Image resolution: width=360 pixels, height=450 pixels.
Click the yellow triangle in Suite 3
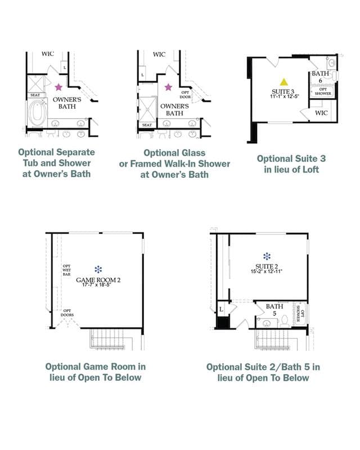(x=283, y=82)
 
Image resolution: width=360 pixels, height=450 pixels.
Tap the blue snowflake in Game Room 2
(x=98, y=269)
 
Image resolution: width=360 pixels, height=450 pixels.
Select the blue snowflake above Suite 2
(x=267, y=256)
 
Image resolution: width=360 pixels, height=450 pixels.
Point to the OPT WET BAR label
(x=66, y=270)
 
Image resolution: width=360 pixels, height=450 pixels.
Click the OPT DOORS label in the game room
(x=67, y=313)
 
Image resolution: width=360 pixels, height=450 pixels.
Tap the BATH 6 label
(x=321, y=77)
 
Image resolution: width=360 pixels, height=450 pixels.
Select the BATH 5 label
(x=274, y=310)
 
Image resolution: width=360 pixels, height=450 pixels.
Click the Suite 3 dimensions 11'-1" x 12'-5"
(x=284, y=96)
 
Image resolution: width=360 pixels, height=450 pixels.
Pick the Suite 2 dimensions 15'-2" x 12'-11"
(x=267, y=272)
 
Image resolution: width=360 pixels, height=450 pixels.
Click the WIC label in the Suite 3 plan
(x=321, y=113)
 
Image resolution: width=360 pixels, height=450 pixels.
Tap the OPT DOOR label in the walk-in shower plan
(x=185, y=94)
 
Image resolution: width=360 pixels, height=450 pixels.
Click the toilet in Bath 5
(x=284, y=321)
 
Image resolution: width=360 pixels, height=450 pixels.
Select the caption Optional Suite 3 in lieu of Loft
(x=291, y=164)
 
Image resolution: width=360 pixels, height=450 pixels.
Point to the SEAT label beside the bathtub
(x=35, y=95)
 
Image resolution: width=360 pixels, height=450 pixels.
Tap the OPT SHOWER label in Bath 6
(x=323, y=91)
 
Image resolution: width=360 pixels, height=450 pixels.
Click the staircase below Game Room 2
(x=107, y=339)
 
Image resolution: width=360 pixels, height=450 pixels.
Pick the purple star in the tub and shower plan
(x=58, y=87)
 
